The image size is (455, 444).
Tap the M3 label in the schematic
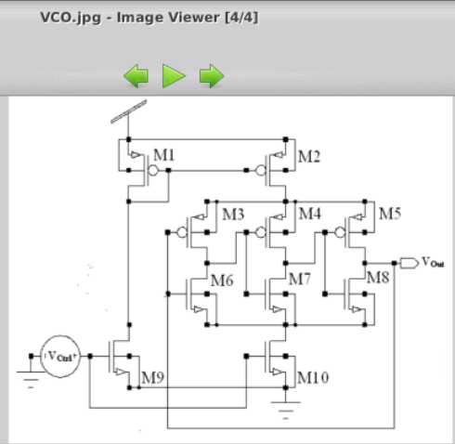(232, 215)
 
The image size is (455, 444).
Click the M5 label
(389, 215)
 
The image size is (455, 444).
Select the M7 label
(300, 279)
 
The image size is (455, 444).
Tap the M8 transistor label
(377, 278)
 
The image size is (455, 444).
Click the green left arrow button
(136, 76)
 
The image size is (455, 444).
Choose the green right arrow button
(212, 76)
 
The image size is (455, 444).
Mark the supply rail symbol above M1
(127, 111)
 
